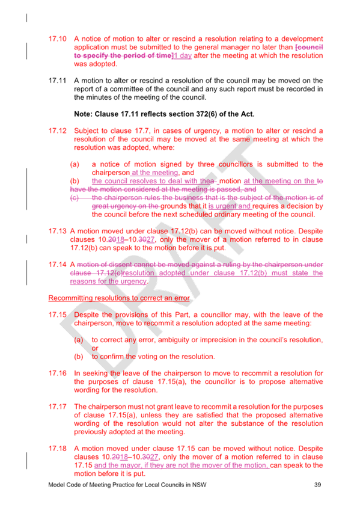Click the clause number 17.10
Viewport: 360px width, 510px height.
(x=57, y=38)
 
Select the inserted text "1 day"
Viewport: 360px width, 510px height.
(x=183, y=55)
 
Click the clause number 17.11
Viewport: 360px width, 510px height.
(x=57, y=81)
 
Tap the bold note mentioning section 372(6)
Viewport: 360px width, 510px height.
(x=164, y=114)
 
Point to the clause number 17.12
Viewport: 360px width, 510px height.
(x=57, y=131)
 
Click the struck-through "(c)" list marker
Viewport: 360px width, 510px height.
(x=75, y=198)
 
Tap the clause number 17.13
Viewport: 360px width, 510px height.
(x=57, y=232)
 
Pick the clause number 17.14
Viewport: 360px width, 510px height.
(x=57, y=265)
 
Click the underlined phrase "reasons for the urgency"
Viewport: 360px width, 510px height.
(x=108, y=281)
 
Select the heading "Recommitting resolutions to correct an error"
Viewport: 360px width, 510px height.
(x=119, y=298)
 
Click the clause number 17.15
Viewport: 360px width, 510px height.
(x=57, y=315)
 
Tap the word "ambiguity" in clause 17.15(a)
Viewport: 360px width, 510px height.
(x=174, y=340)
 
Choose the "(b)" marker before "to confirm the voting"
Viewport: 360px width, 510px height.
(x=79, y=357)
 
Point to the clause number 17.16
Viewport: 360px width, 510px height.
(x=57, y=373)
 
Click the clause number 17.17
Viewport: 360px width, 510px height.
(x=57, y=407)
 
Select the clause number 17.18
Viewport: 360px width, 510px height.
(x=57, y=449)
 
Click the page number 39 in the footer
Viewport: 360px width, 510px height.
(x=317, y=485)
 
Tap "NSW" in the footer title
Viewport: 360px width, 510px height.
(x=199, y=485)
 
